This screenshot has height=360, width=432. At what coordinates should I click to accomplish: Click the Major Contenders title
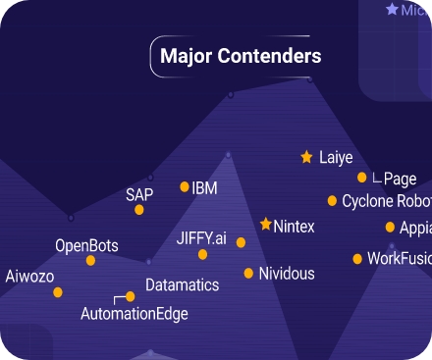point(240,56)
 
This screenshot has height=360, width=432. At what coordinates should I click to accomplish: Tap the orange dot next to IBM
point(185,186)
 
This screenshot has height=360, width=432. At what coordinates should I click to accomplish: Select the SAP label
point(139,194)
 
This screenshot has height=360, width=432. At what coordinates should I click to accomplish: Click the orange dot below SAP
point(138,210)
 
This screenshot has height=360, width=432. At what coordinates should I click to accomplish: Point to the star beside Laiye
point(306,157)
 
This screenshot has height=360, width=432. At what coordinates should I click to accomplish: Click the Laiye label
point(336,157)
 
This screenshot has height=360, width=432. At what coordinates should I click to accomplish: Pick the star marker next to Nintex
point(265,225)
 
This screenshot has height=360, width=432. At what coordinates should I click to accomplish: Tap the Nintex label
point(295,227)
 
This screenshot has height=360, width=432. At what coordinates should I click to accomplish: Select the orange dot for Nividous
point(248,274)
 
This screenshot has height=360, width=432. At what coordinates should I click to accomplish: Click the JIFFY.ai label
point(201,238)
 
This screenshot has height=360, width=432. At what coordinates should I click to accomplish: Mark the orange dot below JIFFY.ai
point(202,255)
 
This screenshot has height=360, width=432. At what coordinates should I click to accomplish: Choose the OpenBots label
point(86,245)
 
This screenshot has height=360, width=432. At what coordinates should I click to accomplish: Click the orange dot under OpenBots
point(91,261)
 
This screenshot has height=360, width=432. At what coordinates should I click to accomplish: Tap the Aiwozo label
point(29,276)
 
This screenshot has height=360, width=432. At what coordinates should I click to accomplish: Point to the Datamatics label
point(182,285)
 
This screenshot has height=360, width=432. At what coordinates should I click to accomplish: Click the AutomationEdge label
point(134,314)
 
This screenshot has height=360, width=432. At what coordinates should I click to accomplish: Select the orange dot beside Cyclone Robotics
point(331,202)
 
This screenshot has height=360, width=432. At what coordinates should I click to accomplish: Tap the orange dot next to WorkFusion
point(357,260)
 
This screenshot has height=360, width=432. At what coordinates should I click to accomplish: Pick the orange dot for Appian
point(390,228)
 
